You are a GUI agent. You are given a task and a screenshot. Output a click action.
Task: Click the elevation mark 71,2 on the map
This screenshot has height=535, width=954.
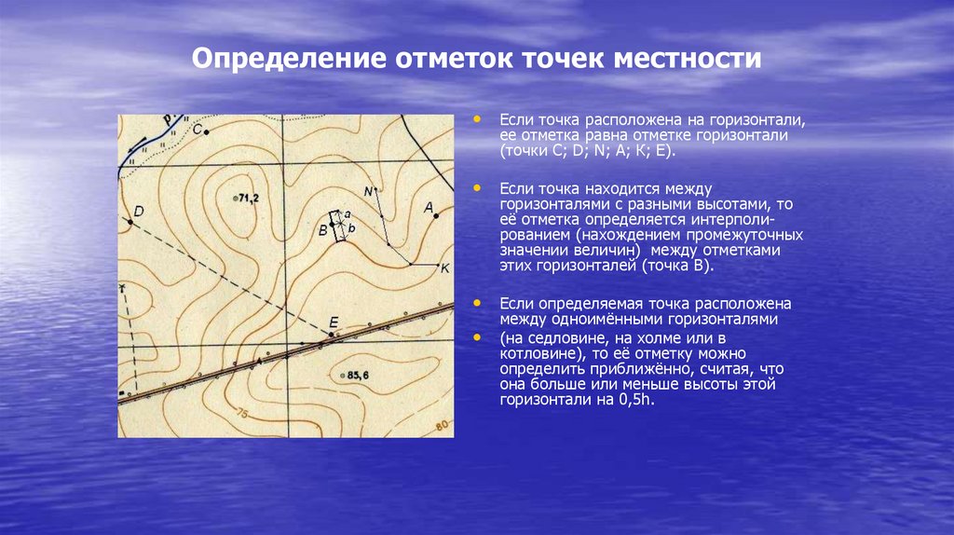pyautogui.click(x=248, y=199)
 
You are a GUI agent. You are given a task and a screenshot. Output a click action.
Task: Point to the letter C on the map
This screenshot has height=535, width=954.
pyautogui.click(x=197, y=130)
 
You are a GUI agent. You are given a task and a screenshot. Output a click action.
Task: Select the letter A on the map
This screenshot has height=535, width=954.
pyautogui.click(x=429, y=208)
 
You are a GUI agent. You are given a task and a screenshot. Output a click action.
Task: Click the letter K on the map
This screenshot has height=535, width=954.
pyautogui.click(x=444, y=268)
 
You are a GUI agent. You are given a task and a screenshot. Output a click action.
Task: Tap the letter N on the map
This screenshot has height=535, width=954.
pyautogui.click(x=368, y=192)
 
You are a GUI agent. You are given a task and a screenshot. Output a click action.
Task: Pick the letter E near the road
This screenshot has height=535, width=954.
pyautogui.click(x=333, y=323)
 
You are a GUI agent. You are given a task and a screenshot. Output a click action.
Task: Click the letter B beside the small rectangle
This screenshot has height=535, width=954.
pyautogui.click(x=323, y=228)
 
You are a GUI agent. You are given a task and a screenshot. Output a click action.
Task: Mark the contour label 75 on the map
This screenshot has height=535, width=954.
pyautogui.click(x=242, y=413)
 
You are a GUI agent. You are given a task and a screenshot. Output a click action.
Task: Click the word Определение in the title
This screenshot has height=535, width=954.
pyautogui.click(x=292, y=60)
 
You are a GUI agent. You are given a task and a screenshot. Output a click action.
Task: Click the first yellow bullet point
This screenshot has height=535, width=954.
pyautogui.click(x=479, y=120)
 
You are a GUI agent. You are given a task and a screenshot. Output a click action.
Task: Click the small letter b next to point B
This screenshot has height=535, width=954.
pyautogui.click(x=352, y=227)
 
